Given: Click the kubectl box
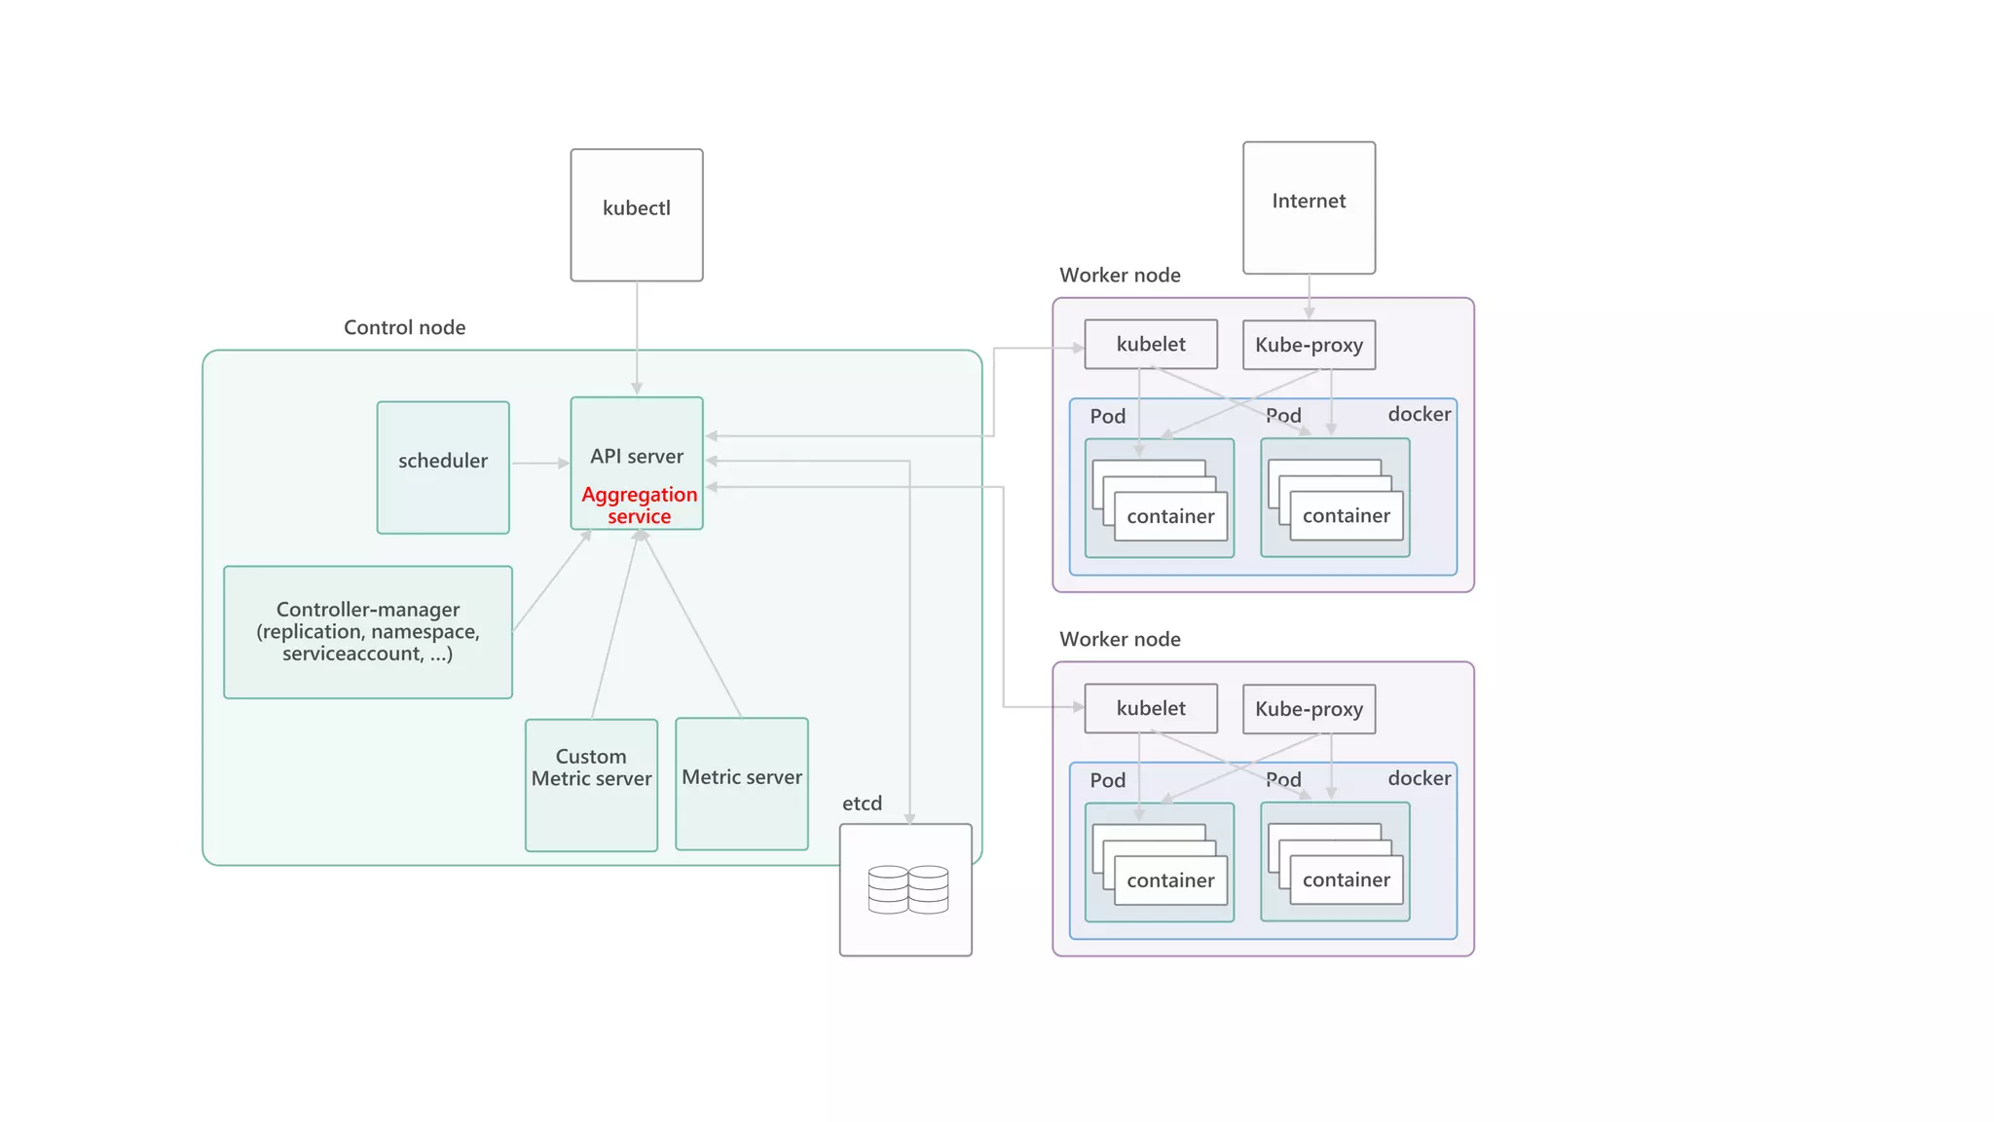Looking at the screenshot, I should (x=636, y=215).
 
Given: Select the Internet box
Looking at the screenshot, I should (x=1309, y=207).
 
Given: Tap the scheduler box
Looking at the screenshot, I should (x=443, y=467).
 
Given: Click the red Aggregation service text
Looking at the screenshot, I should (x=639, y=505).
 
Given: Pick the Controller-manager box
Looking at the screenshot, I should (x=368, y=632).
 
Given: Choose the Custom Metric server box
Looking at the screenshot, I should (x=591, y=784).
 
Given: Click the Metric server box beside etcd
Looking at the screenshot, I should (x=742, y=784).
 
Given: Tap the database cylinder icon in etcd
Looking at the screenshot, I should (x=907, y=889).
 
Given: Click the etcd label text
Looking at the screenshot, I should (x=862, y=804).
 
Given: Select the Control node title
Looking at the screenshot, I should (x=404, y=327).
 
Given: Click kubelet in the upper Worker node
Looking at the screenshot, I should (x=1151, y=345).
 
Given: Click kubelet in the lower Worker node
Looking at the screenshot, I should (x=1151, y=709).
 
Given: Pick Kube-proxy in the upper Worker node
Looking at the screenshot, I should (x=1309, y=346).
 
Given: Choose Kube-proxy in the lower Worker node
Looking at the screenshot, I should (x=1309, y=709).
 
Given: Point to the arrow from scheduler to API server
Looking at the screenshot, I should (x=539, y=464).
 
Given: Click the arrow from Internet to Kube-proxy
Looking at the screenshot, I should (x=1309, y=296).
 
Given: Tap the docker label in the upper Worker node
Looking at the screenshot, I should (x=1419, y=415).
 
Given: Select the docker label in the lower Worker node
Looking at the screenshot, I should (x=1419, y=778).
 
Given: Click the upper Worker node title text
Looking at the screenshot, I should (x=1120, y=276).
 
